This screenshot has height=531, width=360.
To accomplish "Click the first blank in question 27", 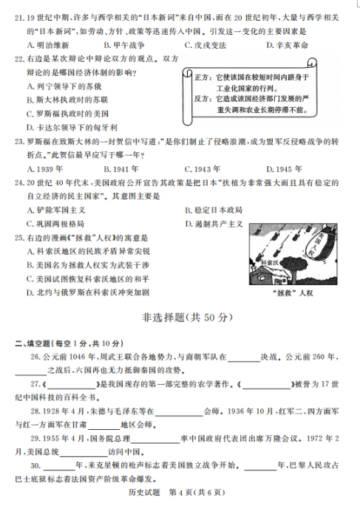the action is click(72, 384).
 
